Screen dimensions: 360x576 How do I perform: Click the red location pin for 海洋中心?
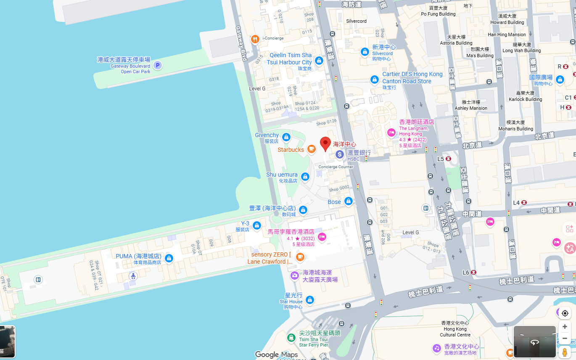(x=325, y=143)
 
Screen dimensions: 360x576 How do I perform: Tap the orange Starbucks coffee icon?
(x=311, y=149)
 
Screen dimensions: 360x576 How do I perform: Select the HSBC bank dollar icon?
(x=340, y=155)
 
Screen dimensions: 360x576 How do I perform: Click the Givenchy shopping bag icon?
(x=286, y=137)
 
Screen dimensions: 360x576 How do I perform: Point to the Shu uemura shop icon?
(x=305, y=177)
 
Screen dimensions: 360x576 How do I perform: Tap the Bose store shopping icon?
(x=348, y=201)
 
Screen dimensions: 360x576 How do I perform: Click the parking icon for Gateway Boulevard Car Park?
(x=157, y=65)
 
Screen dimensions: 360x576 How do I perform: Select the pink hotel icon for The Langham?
(x=391, y=133)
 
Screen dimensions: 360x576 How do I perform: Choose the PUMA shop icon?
(x=169, y=258)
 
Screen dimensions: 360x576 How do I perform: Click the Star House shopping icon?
(x=310, y=300)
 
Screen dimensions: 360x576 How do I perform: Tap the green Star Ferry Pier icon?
(x=291, y=337)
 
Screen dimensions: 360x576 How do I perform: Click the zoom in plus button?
(x=565, y=327)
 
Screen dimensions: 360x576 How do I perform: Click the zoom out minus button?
(x=565, y=339)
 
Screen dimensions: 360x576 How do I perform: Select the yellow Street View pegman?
(x=565, y=352)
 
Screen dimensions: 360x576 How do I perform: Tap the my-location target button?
(x=565, y=313)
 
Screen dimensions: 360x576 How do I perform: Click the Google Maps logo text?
(x=277, y=355)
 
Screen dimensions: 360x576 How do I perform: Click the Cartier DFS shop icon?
(x=375, y=79)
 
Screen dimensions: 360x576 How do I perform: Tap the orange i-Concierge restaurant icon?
(x=255, y=40)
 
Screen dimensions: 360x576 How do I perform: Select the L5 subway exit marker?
(x=449, y=159)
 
